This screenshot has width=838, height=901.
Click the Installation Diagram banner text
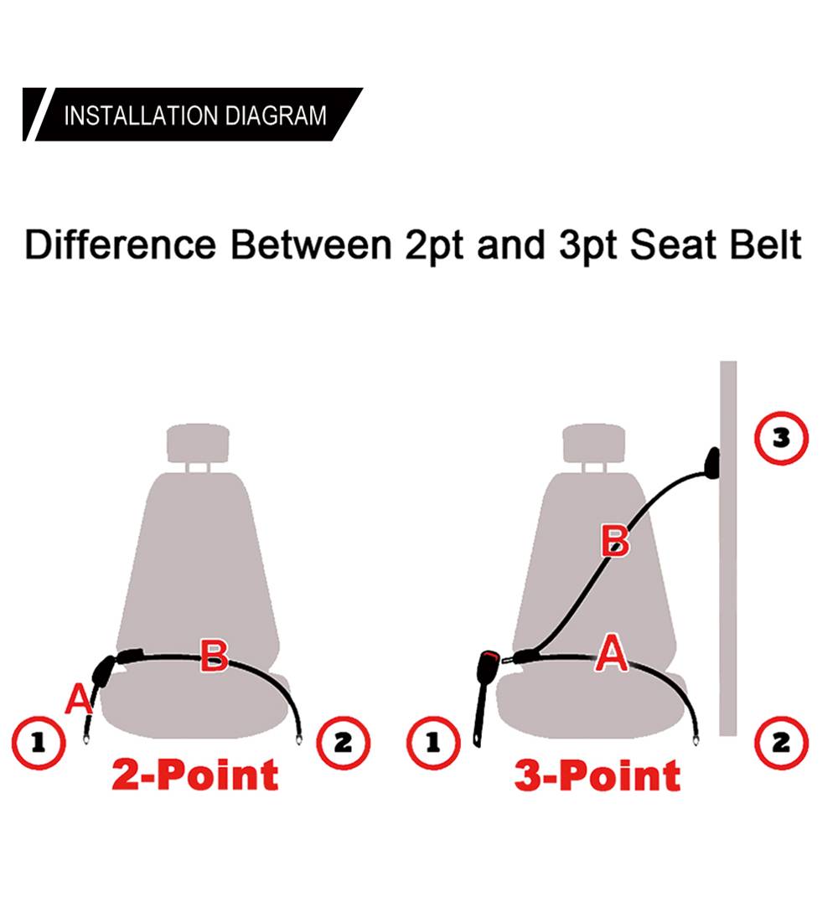tap(195, 116)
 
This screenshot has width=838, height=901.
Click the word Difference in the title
tap(121, 245)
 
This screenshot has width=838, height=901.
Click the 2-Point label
tap(195, 775)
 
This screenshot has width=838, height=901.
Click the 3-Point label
tap(597, 775)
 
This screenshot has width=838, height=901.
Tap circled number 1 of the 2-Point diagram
tap(39, 743)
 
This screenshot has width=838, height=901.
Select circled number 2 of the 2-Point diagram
tap(344, 743)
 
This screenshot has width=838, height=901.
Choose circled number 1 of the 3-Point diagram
tap(434, 743)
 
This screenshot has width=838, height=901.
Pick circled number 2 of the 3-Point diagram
tap(781, 743)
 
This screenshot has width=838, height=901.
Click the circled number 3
tap(781, 438)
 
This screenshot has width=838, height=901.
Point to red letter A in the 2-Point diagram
tap(78, 699)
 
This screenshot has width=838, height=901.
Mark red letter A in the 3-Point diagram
tap(612, 652)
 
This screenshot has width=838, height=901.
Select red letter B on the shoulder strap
tap(615, 541)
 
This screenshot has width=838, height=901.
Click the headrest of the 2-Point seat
tap(198, 442)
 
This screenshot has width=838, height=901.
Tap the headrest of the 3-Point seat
tap(594, 442)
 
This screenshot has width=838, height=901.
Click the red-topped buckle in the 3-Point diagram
tap(485, 695)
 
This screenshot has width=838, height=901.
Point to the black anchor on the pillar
tap(712, 463)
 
